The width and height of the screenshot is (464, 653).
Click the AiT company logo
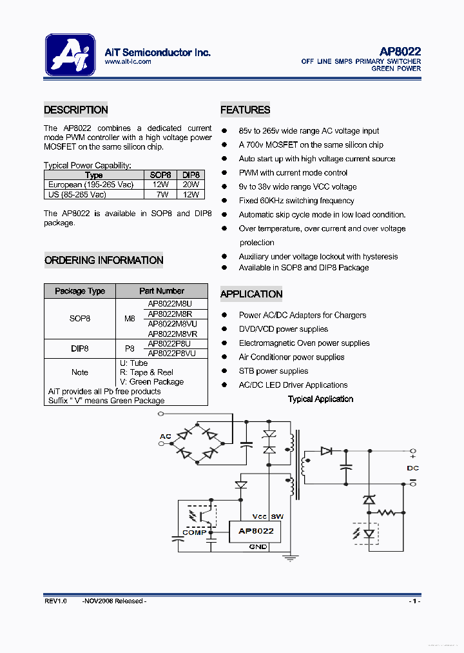click(x=70, y=55)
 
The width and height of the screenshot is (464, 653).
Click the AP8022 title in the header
click(x=400, y=52)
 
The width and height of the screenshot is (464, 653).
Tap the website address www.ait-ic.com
click(x=128, y=62)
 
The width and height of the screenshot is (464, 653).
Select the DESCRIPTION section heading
click(x=76, y=110)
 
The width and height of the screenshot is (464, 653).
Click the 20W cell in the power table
click(x=191, y=185)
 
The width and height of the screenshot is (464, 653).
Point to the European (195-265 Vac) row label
click(x=91, y=185)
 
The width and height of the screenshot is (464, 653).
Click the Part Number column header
click(x=162, y=291)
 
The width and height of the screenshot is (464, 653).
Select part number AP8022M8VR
click(x=173, y=334)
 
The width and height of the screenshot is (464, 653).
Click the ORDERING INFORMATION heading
click(x=104, y=261)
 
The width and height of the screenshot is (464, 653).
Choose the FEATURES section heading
click(x=245, y=110)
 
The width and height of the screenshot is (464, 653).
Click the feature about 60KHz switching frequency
click(x=296, y=201)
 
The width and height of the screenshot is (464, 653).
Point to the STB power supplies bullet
click(x=273, y=371)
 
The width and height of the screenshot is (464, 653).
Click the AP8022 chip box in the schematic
click(x=256, y=531)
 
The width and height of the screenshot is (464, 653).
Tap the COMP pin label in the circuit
click(x=195, y=532)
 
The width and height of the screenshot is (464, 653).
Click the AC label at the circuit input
click(x=166, y=437)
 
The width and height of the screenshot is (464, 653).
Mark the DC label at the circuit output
click(x=412, y=468)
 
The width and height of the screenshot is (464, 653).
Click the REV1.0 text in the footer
click(x=55, y=601)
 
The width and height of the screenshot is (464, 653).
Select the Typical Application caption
click(x=320, y=399)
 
